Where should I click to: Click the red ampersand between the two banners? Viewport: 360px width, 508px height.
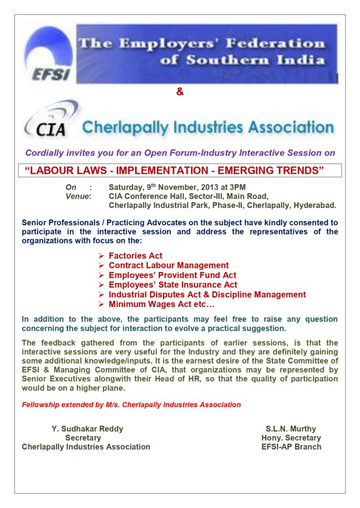[x=180, y=92]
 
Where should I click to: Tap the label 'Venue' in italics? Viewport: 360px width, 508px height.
[x=78, y=196]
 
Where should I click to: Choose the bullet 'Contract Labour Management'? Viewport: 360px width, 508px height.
[x=168, y=265]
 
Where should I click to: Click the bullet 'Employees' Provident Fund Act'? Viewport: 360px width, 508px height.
[x=172, y=275]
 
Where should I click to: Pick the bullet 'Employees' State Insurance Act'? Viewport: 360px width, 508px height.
[x=173, y=285]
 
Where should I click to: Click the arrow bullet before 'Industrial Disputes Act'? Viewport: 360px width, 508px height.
[x=101, y=295]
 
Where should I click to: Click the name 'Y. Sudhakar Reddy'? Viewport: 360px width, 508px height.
[x=87, y=429]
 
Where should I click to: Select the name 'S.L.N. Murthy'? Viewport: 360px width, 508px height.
[x=291, y=429]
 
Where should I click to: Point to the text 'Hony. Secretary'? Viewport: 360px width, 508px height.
[x=291, y=438]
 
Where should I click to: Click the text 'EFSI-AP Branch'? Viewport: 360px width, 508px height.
[x=291, y=446]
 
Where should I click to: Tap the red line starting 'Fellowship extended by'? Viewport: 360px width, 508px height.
[x=131, y=404]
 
